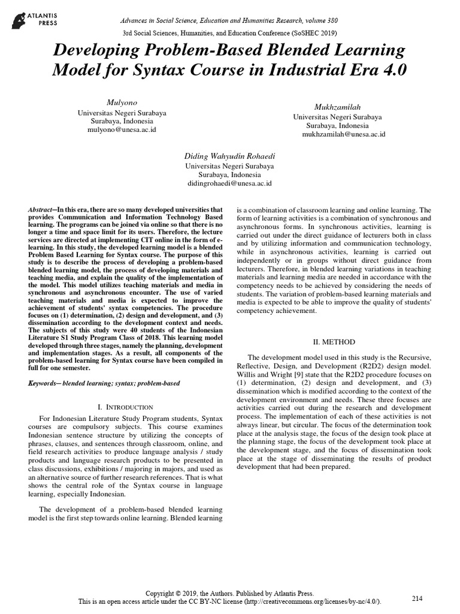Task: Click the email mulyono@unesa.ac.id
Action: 122,129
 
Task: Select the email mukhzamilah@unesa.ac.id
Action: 343,134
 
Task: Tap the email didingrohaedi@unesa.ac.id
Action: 229,183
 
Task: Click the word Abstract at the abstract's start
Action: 41,210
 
